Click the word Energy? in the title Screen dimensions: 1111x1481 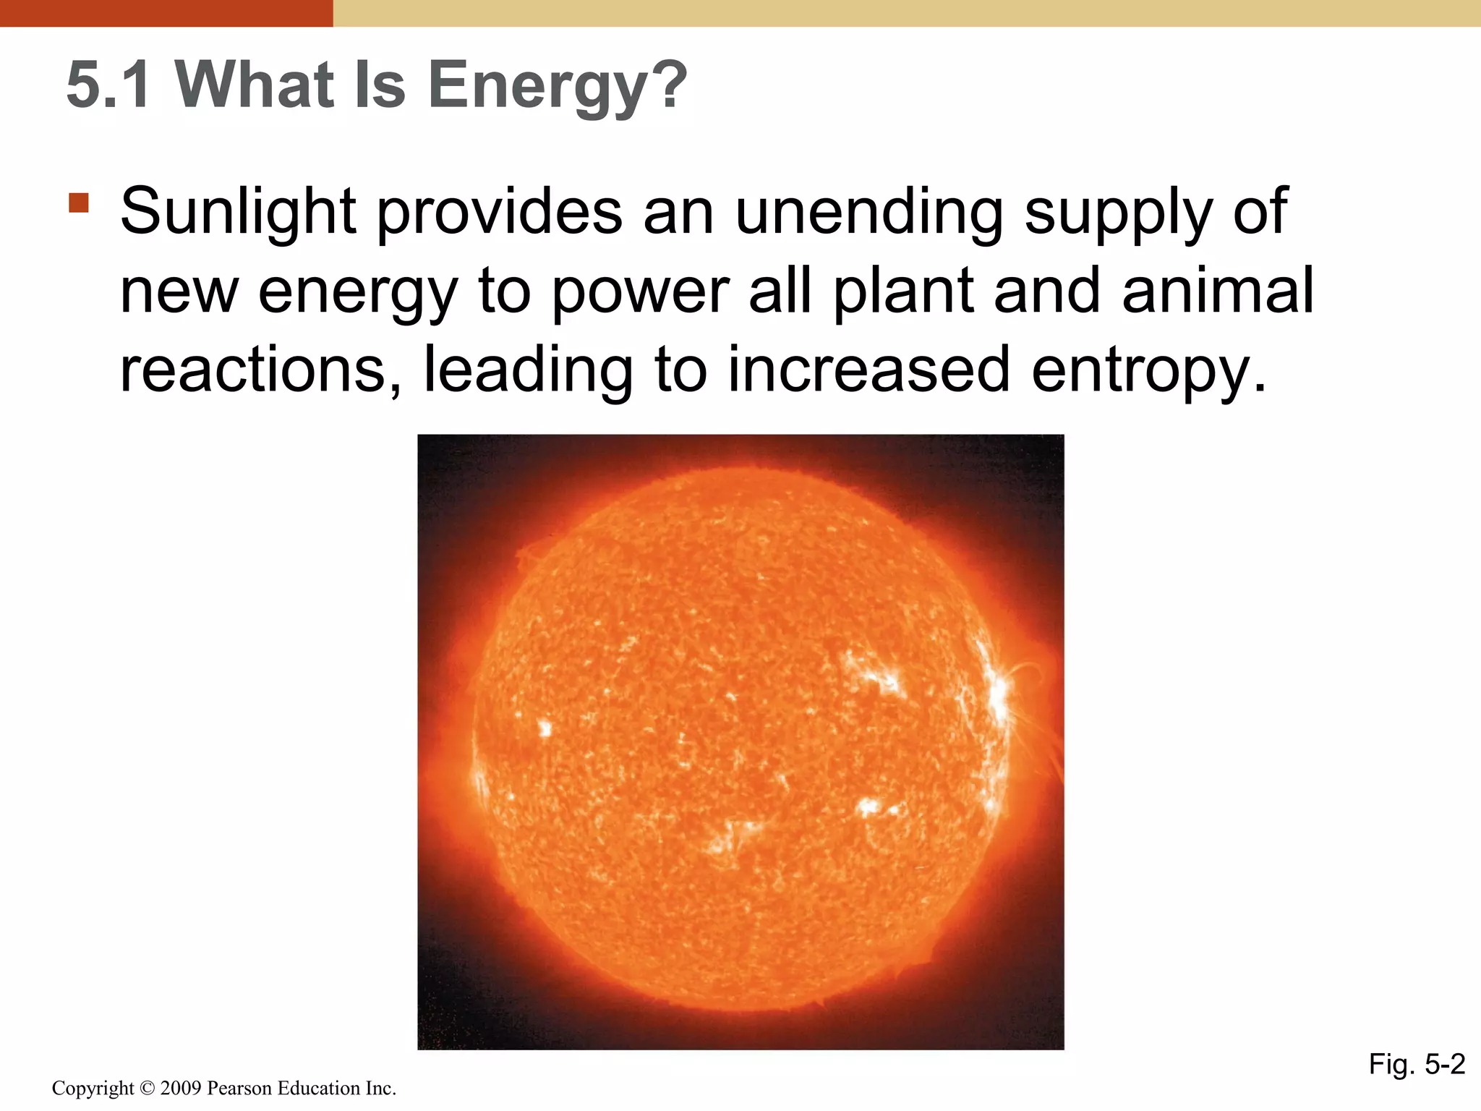click(557, 85)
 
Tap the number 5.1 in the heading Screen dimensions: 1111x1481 click(109, 85)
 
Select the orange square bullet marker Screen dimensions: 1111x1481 click(79, 203)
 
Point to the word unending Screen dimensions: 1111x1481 click(868, 211)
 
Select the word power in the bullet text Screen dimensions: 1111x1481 click(640, 291)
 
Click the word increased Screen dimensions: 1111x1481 click(868, 370)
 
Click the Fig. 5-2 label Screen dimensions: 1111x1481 click(1417, 1064)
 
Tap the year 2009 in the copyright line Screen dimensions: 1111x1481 click(181, 1088)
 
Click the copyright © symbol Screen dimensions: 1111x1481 click(148, 1088)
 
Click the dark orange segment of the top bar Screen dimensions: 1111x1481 click(166, 13)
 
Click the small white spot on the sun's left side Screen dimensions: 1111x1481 click(545, 728)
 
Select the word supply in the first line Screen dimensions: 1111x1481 click(1118, 211)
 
